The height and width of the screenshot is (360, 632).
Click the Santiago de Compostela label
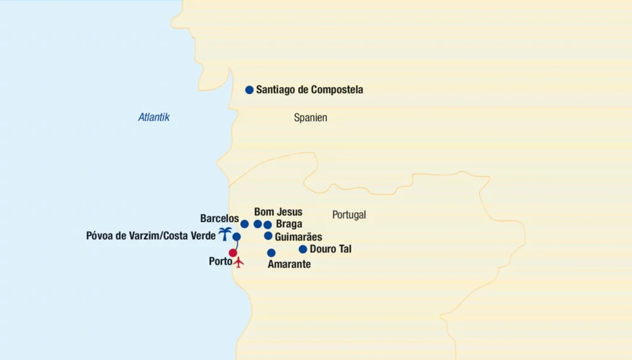pyautogui.click(x=309, y=90)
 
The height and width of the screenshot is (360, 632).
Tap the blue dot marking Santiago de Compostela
pyautogui.click(x=249, y=90)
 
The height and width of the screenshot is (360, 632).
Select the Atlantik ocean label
pyautogui.click(x=154, y=117)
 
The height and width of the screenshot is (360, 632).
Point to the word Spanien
pyautogui.click(x=310, y=117)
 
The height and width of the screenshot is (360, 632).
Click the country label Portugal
pyautogui.click(x=349, y=215)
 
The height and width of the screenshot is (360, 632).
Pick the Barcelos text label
pyautogui.click(x=219, y=219)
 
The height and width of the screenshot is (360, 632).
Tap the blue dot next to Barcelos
pyautogui.click(x=244, y=224)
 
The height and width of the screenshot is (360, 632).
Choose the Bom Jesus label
pyautogui.click(x=278, y=212)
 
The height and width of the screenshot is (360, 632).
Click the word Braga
pyautogui.click(x=289, y=224)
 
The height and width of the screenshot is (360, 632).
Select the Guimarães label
pyautogui.click(x=298, y=237)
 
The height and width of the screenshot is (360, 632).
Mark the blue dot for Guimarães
pyautogui.click(x=268, y=236)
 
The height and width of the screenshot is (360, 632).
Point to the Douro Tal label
pyautogui.click(x=330, y=249)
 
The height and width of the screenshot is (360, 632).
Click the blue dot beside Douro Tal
pyautogui.click(x=302, y=249)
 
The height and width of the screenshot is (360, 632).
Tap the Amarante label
pyautogui.click(x=289, y=264)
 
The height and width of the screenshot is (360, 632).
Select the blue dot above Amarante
pyautogui.click(x=271, y=253)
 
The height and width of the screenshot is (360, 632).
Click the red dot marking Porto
pyautogui.click(x=233, y=253)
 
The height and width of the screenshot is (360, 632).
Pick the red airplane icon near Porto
pyautogui.click(x=239, y=262)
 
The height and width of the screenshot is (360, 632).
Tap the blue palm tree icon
pyautogui.click(x=225, y=233)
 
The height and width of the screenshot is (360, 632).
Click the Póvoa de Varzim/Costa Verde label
pyautogui.click(x=151, y=235)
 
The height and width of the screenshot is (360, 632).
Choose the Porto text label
pyautogui.click(x=220, y=262)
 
